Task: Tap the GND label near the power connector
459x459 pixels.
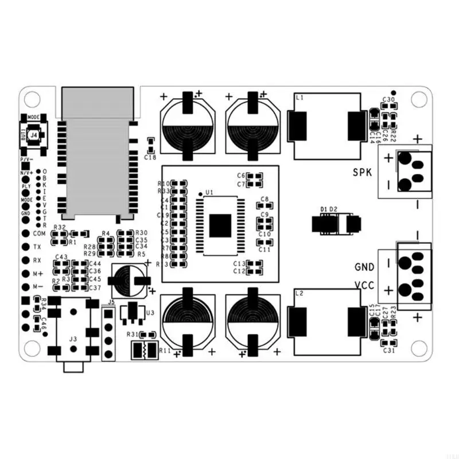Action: coord(364,267)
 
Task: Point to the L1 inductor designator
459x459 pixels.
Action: coord(299,99)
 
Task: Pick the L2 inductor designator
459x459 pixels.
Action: coord(299,294)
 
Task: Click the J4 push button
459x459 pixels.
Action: coord(34,134)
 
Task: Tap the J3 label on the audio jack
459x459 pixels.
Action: coord(73,339)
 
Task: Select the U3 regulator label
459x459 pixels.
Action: coord(150,313)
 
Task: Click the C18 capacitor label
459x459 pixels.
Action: coord(150,157)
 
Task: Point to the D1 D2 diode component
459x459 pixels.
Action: coord(336,224)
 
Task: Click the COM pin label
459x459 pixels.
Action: coord(39,234)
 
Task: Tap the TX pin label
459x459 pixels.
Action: coord(37,247)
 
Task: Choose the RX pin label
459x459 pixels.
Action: coord(37,260)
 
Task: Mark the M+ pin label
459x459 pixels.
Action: coord(38,274)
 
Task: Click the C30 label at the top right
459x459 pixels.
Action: coord(388,100)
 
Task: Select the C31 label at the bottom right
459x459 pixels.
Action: coord(388,350)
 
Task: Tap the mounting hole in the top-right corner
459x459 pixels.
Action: coord(419,98)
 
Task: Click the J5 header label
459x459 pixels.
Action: coord(111,302)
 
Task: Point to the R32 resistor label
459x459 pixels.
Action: coord(59,227)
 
